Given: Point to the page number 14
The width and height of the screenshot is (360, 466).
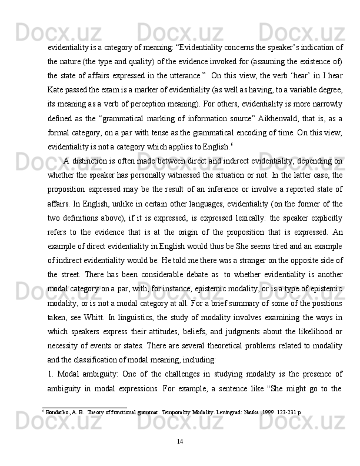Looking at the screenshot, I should (x=180, y=440).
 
